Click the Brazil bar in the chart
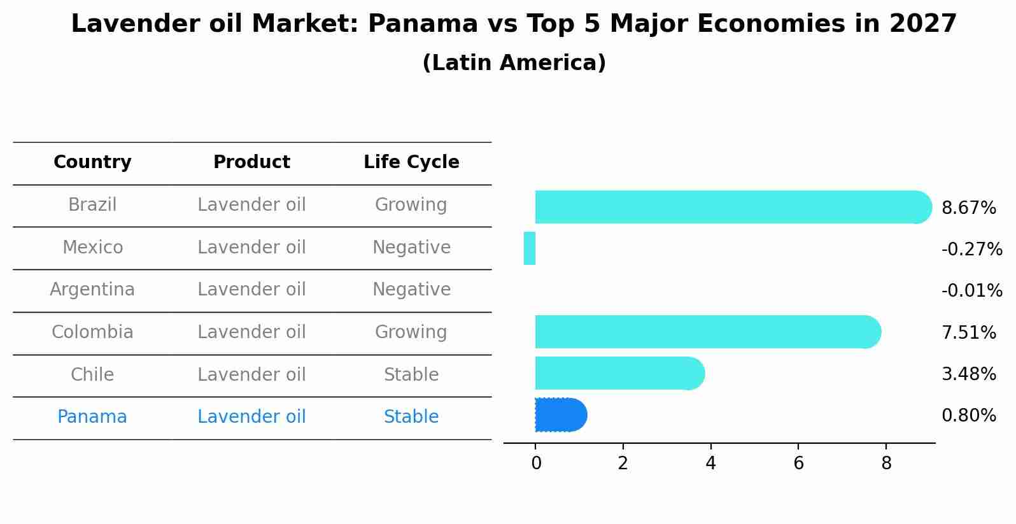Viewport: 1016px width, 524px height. (733, 208)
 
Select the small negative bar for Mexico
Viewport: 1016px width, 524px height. (529, 248)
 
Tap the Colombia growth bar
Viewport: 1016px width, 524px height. (708, 332)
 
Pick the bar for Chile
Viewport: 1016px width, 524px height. (620, 373)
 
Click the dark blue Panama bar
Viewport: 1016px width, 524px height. (561, 414)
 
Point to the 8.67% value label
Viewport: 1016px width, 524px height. (969, 208)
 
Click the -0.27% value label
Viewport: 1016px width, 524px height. (972, 249)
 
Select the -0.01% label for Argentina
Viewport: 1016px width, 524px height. (972, 290)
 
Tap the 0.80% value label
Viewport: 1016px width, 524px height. (969, 415)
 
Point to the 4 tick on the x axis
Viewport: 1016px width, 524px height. (710, 463)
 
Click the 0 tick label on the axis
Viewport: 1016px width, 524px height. (536, 463)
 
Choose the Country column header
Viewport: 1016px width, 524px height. (92, 162)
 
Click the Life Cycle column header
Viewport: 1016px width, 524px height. (411, 162)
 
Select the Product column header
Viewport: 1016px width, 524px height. (251, 162)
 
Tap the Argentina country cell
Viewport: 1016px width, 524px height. (92, 290)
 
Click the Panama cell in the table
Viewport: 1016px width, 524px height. (92, 416)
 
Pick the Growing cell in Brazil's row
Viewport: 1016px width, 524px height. (411, 204)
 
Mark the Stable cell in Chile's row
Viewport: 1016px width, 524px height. (411, 374)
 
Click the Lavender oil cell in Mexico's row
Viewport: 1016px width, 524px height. (251, 247)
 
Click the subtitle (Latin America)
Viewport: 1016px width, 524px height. (514, 62)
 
